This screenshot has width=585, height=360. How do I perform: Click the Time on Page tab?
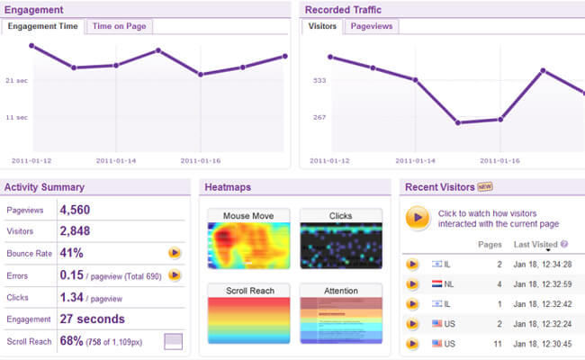[117, 26]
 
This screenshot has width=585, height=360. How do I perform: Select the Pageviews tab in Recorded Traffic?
[372, 26]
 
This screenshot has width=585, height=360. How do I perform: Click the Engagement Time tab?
[44, 26]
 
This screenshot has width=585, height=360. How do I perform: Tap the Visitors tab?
[322, 26]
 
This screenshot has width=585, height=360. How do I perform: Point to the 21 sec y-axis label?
[15, 80]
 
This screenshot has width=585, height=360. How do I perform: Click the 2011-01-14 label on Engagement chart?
[116, 160]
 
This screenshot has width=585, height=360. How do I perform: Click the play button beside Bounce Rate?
[175, 253]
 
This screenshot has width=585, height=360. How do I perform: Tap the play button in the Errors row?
[175, 274]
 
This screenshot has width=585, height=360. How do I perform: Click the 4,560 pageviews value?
[75, 210]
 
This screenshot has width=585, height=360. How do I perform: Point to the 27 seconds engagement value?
[92, 319]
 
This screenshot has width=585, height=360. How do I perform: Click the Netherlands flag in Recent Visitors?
[437, 284]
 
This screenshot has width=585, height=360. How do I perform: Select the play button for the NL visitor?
[412, 284]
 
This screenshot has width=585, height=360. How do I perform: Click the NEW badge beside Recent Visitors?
[485, 187]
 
